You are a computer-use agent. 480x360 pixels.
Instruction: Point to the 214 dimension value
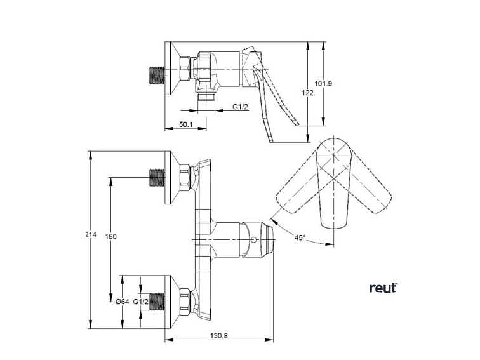[x=90, y=235]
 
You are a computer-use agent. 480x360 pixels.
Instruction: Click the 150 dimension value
[x=111, y=236]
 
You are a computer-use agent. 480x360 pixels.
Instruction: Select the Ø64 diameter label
[x=123, y=302]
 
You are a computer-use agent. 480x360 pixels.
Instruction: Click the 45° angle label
[x=300, y=237]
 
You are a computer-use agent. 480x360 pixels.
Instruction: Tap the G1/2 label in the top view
[x=239, y=107]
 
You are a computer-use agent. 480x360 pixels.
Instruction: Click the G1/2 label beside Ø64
[x=141, y=302]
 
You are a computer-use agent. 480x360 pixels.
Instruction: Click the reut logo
[x=383, y=288]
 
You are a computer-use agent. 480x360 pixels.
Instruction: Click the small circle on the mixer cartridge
[x=254, y=239]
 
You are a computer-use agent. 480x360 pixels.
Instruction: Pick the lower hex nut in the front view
[x=185, y=302]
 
